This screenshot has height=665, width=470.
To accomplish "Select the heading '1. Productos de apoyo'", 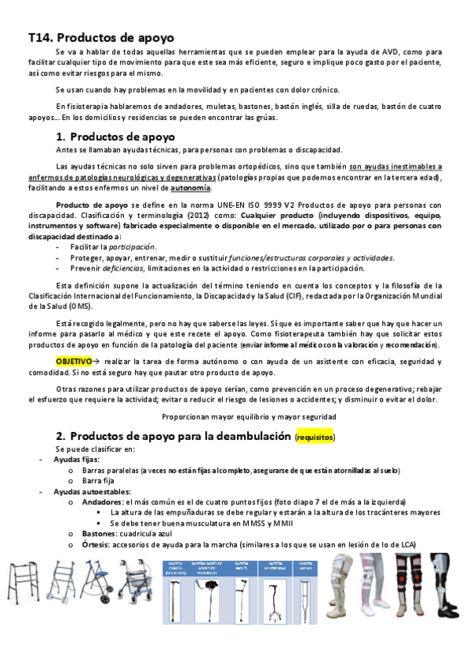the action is click(118, 136).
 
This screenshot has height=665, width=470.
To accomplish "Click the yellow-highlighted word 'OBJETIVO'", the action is click(74, 361).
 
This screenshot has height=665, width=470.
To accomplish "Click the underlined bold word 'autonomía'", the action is click(191, 188).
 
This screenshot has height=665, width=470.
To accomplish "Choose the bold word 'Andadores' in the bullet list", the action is click(101, 502).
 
